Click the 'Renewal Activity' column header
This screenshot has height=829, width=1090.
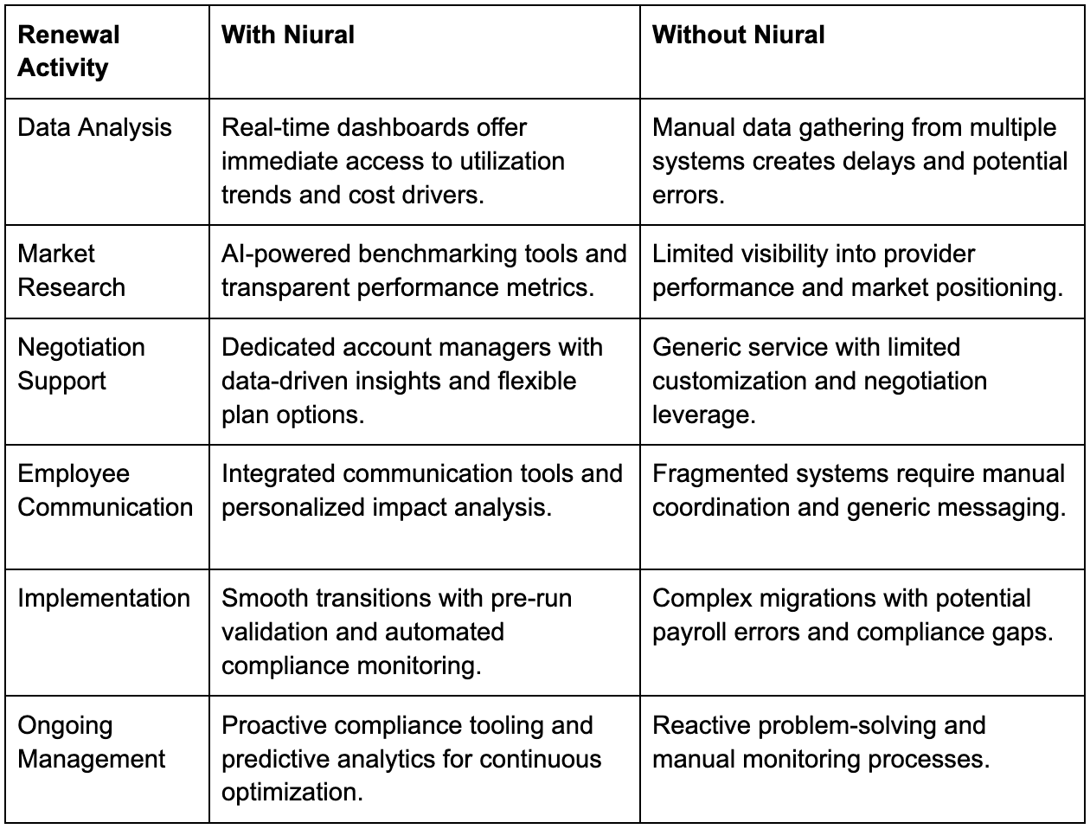point(68,51)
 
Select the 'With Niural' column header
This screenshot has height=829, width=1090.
point(288,35)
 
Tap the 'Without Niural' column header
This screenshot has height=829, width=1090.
point(738,35)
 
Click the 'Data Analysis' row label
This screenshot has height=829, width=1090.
point(94,127)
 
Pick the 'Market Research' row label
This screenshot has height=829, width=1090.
point(71,270)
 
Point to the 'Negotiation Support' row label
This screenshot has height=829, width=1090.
point(80,363)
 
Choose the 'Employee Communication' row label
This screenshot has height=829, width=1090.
point(105,490)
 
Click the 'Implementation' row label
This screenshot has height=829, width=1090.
point(104,598)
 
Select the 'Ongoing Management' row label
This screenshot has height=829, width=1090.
point(91,742)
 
